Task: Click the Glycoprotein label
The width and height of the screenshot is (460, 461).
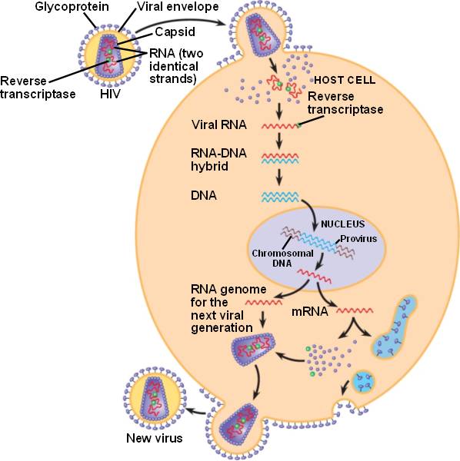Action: point(72,7)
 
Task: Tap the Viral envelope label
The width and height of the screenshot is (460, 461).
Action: point(178,7)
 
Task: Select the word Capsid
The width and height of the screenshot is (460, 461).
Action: point(175,32)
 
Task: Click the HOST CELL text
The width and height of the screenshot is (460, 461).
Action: point(345,80)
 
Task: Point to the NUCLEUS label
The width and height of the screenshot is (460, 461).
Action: point(343,224)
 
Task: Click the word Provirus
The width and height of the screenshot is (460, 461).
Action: point(358,238)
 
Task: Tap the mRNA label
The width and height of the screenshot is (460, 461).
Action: point(309,312)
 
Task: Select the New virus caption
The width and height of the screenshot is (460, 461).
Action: point(154,439)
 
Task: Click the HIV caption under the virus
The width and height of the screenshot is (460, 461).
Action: point(110,94)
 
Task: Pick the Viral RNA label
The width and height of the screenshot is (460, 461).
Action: point(219,125)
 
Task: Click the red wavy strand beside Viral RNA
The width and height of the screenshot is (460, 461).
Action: point(280,127)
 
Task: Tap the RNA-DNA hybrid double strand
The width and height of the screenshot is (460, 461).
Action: point(280,158)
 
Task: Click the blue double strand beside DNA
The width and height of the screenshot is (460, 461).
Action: point(280,197)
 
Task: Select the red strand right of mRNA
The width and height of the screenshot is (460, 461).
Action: point(355,310)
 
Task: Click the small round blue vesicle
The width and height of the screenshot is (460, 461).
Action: point(363,382)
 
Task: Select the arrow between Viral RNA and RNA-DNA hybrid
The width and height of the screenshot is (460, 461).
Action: point(279,140)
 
